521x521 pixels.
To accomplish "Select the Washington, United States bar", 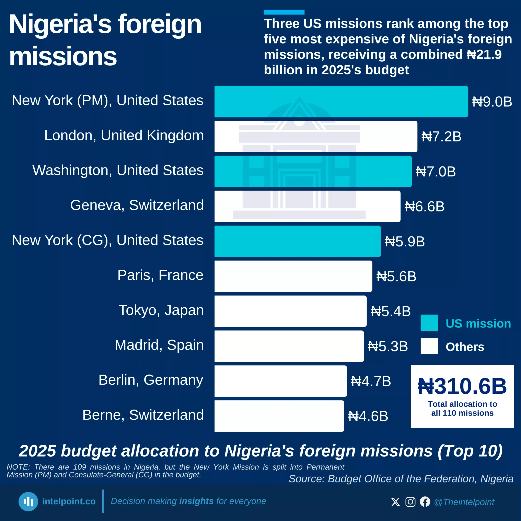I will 313,172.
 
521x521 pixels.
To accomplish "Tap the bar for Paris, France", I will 293,276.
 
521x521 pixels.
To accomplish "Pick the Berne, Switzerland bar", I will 279,416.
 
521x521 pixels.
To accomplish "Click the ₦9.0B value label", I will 492,102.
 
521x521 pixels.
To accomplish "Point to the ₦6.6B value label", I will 425,207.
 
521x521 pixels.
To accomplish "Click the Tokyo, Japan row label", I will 161,310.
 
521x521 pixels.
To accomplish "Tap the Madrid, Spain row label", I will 159,345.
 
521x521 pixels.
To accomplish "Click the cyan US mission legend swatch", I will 429,323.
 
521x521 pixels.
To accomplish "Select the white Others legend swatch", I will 429,346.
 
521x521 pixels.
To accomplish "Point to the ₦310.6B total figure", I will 462,386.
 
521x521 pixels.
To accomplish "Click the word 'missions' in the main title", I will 63,56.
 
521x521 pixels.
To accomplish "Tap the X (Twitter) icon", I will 395,502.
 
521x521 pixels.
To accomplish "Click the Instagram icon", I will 410,502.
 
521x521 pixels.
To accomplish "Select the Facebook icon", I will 425,502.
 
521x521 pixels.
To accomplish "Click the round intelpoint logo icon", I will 28,502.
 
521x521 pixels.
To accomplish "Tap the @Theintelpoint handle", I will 464,502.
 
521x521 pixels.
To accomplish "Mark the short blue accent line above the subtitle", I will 284,12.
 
